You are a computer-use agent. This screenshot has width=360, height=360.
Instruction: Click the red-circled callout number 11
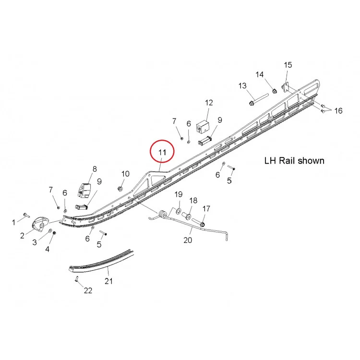pyautogui.click(x=162, y=152)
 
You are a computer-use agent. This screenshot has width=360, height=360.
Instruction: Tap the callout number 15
pyautogui.click(x=288, y=65)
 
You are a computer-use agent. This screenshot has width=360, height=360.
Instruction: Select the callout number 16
pyautogui.click(x=338, y=111)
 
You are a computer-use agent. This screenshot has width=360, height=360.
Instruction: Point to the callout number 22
pyautogui.click(x=88, y=290)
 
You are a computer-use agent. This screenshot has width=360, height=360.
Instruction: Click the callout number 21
pyautogui.click(x=108, y=281)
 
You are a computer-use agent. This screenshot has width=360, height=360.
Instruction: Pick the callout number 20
pyautogui.click(x=188, y=240)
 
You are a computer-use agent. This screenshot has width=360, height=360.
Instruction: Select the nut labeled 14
pyautogui.click(x=274, y=91)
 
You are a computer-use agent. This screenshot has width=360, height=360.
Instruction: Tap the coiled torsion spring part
pyautogui.click(x=163, y=214)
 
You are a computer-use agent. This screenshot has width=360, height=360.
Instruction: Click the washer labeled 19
pyautogui.click(x=179, y=211)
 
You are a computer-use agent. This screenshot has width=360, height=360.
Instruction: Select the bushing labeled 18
pyautogui.click(x=187, y=216)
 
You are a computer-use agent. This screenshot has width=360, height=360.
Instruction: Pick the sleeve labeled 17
pyautogui.click(x=199, y=222)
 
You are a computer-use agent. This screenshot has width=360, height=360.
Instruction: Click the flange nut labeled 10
pyautogui.click(x=120, y=189)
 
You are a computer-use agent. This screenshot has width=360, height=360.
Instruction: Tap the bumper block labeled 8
pyautogui.click(x=84, y=190)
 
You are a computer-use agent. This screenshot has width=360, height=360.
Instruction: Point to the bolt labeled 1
pyautogui.click(x=26, y=215)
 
